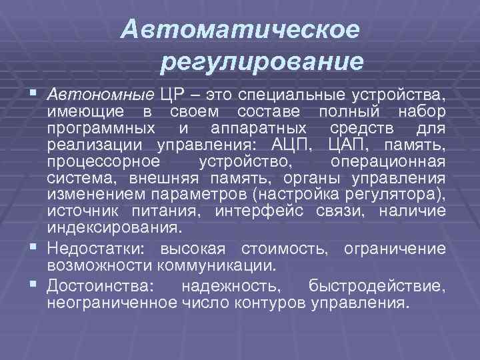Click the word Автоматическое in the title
[241, 29]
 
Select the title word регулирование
[262, 62]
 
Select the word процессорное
[104, 161]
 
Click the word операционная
[388, 161]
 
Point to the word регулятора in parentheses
[399, 195]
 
